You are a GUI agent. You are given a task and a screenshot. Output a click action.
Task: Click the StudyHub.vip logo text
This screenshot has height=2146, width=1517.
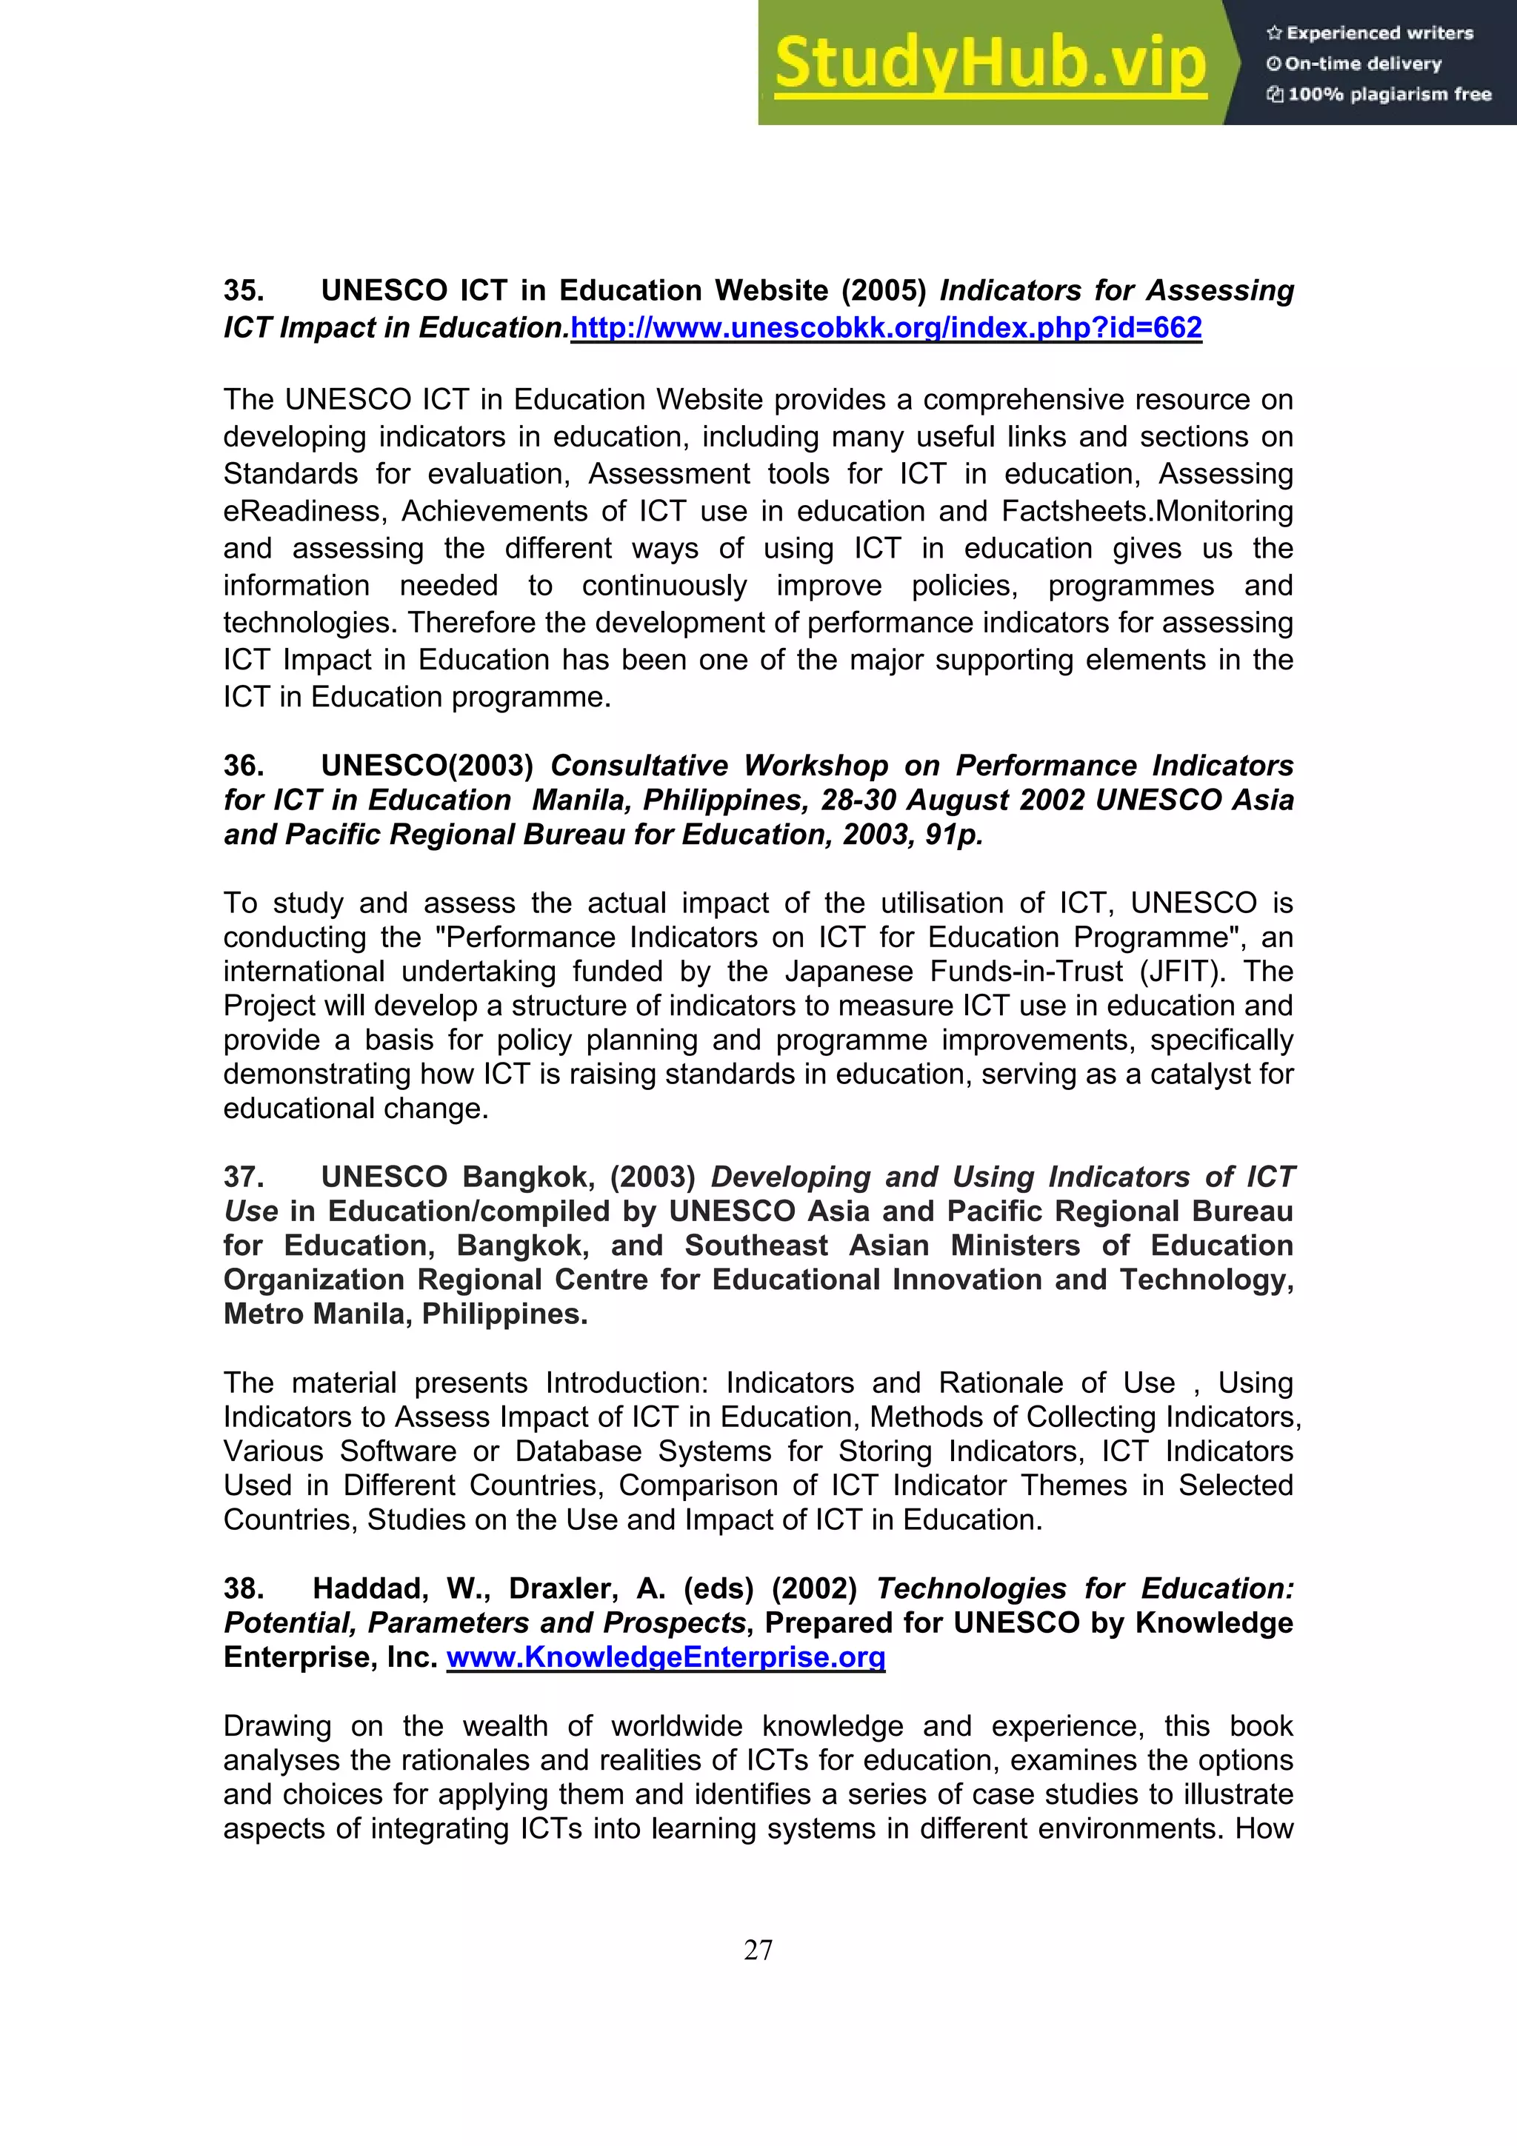click(990, 64)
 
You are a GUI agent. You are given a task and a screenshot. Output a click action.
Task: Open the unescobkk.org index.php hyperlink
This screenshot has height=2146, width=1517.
click(885, 328)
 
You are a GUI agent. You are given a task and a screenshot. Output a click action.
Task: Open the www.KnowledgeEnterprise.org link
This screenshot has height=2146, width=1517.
click(665, 1657)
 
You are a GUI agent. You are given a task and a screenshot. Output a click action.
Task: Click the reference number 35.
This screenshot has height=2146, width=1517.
click(243, 291)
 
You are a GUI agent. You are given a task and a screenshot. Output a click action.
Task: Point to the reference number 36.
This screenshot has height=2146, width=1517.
click(243, 766)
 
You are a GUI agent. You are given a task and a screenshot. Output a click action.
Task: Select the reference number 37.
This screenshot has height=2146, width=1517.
click(243, 1177)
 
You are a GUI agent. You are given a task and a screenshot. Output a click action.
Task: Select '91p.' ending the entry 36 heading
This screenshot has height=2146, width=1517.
click(953, 835)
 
